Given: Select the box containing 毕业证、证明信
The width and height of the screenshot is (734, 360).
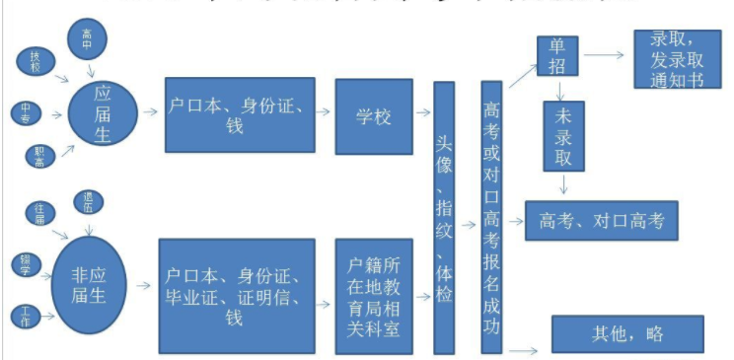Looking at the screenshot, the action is click(x=240, y=296).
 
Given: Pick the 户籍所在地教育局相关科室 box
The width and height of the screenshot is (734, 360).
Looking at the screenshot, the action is click(x=374, y=296).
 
